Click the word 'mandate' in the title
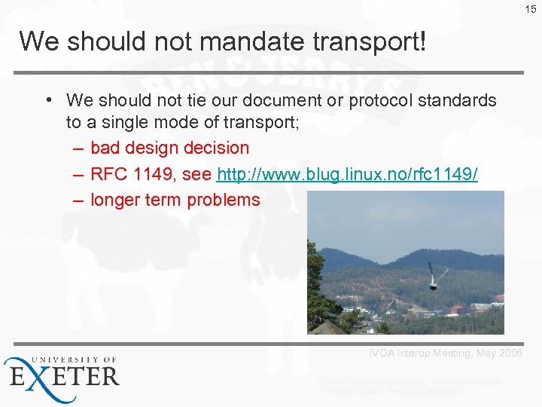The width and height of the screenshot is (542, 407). point(248,41)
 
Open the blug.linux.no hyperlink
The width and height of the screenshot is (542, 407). point(347,174)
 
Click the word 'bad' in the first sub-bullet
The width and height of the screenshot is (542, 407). point(105,148)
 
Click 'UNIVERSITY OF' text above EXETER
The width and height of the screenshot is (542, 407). point(72,360)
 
